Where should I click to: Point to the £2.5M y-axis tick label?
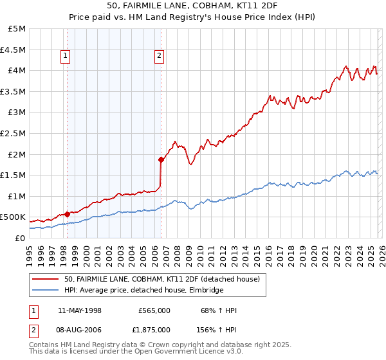[x=14, y=134]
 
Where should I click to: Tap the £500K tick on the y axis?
[x=14, y=217]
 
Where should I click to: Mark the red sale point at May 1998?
[x=67, y=214]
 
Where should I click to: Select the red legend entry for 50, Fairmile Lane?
[x=161, y=279]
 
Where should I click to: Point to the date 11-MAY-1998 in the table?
[x=80, y=310]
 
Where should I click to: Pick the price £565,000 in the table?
[x=154, y=310]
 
